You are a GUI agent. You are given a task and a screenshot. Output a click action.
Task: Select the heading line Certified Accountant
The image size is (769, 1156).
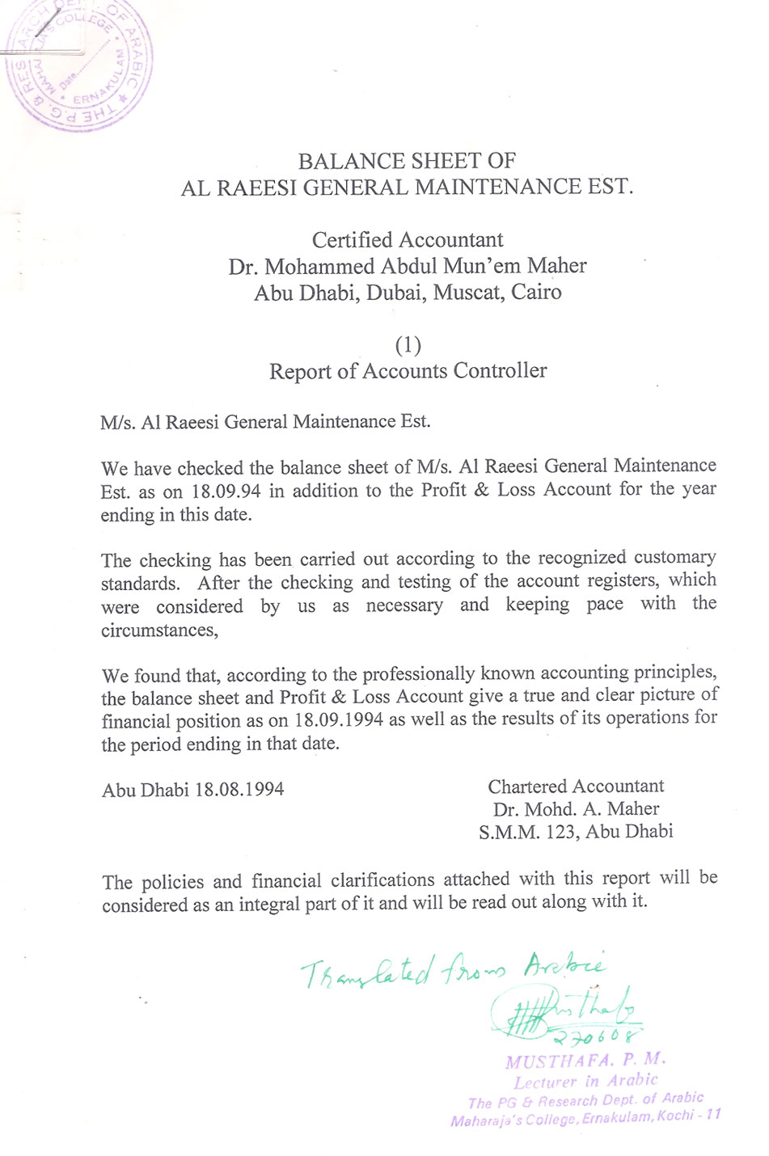(408, 240)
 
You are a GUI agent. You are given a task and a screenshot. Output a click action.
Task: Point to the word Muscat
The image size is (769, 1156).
(468, 292)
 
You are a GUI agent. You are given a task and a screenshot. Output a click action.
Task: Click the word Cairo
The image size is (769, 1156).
(536, 292)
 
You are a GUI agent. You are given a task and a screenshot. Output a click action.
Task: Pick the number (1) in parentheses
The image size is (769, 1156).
(408, 345)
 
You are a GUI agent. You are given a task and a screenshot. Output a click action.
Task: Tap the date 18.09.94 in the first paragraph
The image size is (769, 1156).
(226, 491)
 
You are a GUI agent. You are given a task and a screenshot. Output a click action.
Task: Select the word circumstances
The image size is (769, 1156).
(160, 631)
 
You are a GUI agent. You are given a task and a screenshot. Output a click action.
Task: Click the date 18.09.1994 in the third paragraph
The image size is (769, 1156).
(339, 720)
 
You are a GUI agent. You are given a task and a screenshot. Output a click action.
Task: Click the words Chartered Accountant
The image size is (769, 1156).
(576, 786)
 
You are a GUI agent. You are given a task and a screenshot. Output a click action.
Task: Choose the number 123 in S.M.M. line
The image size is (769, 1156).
(560, 832)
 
